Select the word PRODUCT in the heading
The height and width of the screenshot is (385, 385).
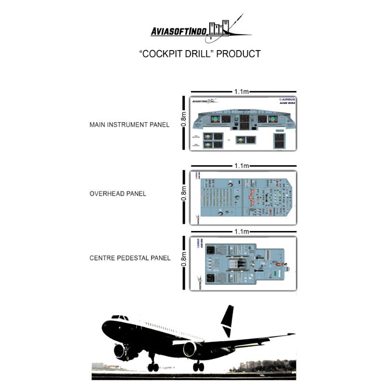point(239,54)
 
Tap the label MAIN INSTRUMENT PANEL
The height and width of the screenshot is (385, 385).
point(129,125)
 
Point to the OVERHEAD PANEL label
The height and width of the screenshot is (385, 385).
point(118,194)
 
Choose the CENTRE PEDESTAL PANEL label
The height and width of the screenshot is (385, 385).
point(130,258)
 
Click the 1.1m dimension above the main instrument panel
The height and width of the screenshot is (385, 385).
point(242,91)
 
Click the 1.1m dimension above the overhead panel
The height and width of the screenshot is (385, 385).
point(242,166)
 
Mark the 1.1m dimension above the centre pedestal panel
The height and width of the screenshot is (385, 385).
point(242,231)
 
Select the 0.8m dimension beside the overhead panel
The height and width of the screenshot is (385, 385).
point(183,194)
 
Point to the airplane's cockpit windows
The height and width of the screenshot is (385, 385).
point(120,318)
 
